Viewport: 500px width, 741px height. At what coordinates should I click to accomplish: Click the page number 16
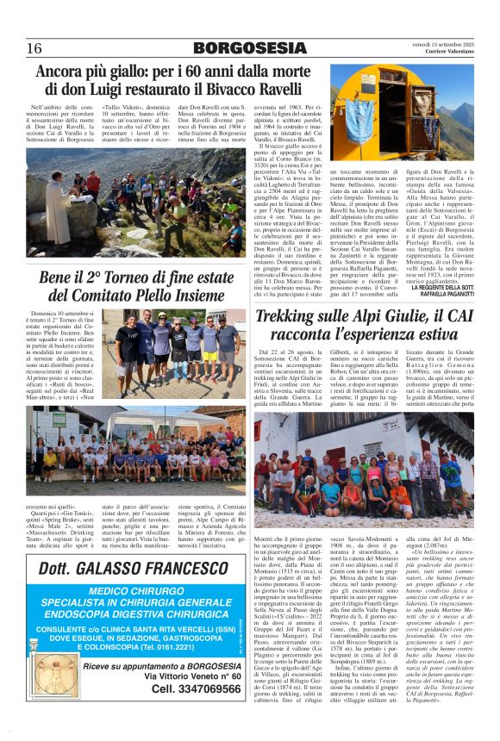[x=35, y=47]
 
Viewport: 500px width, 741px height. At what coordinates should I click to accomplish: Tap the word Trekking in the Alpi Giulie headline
[x=297, y=318]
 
